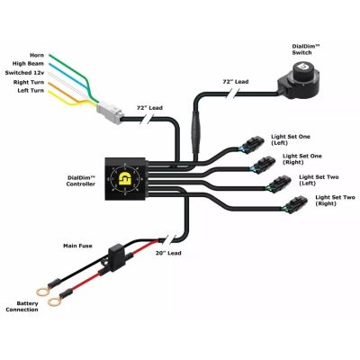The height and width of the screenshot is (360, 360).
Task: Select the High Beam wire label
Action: (29, 63)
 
